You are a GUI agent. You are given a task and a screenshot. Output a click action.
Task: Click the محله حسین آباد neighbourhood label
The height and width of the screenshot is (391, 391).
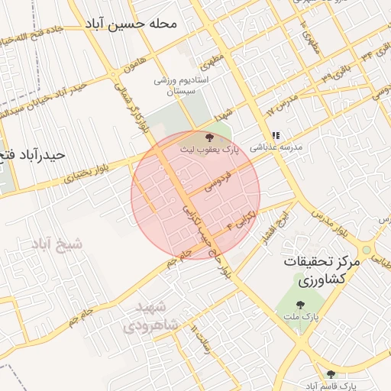131,24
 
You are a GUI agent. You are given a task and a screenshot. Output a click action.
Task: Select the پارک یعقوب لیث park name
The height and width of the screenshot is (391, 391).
209,150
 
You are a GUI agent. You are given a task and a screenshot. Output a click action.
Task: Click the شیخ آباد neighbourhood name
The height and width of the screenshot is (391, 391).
57,244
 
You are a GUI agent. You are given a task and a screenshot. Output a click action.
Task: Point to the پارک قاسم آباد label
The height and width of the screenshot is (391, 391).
330,386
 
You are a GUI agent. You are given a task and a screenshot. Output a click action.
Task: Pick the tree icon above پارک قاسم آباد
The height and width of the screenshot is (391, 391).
331,374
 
